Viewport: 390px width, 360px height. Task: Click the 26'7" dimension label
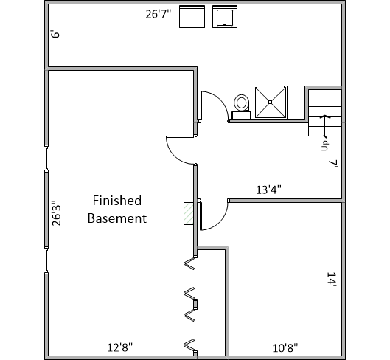[159, 14]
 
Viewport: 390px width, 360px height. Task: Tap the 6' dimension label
[55, 34]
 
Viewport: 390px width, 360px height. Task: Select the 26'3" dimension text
[57, 213]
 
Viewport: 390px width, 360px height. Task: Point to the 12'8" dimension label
[120, 347]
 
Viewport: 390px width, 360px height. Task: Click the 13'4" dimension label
[268, 190]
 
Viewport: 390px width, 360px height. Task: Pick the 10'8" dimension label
[285, 347]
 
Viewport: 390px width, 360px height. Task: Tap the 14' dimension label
[332, 280]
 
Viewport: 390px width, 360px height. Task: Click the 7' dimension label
[333, 164]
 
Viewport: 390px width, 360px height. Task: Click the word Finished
[117, 201]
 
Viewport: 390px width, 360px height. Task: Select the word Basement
[117, 218]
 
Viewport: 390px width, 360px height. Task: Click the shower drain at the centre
[271, 102]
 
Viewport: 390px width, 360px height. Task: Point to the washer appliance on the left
[192, 16]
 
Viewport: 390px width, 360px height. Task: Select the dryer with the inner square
[225, 16]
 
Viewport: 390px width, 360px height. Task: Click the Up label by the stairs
[325, 145]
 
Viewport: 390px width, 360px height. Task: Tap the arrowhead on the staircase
[324, 117]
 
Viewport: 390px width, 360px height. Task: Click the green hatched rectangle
[189, 214]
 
